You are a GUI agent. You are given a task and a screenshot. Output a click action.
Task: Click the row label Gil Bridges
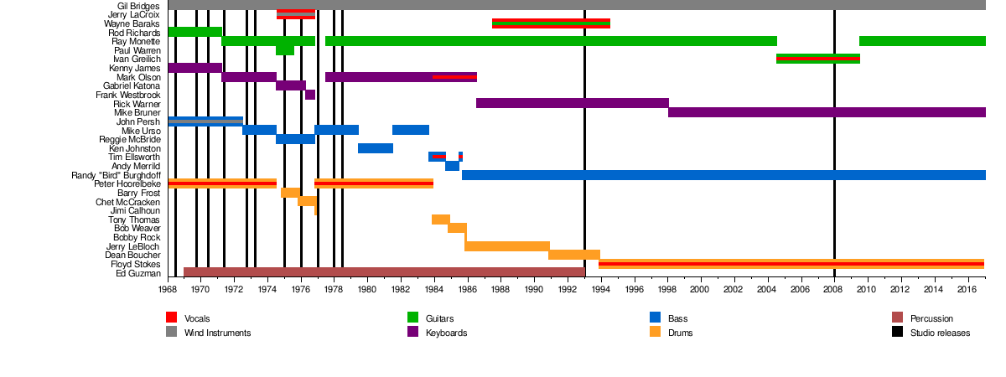[x=139, y=6]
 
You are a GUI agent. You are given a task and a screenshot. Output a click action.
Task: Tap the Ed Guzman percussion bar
[x=384, y=272]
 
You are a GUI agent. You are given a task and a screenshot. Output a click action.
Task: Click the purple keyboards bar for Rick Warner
[x=572, y=103]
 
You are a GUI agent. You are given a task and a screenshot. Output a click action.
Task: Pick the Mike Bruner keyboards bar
[x=827, y=112]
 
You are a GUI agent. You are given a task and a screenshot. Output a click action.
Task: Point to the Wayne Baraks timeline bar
[x=551, y=23]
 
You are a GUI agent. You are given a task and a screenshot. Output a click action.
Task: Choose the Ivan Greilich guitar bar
[x=817, y=59]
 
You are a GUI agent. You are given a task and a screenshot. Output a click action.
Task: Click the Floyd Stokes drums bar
[x=791, y=264]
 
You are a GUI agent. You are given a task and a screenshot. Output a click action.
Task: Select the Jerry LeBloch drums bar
[x=507, y=246]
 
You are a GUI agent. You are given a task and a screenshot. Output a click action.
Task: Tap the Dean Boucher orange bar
[x=574, y=255]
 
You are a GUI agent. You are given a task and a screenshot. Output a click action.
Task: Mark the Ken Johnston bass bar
[x=376, y=148]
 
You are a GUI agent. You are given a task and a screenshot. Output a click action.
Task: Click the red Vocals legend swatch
[x=172, y=318]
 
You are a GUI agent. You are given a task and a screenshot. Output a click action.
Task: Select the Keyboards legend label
[x=446, y=333]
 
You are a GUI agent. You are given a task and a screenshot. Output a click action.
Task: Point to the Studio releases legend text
[x=939, y=333]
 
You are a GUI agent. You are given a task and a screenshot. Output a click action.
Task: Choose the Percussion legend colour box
[x=897, y=318]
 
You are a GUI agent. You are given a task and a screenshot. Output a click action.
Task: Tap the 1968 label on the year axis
[x=169, y=289]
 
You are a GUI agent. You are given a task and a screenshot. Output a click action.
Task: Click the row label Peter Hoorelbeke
[x=127, y=183]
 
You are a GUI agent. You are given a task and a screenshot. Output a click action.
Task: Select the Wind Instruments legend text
[x=217, y=333]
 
